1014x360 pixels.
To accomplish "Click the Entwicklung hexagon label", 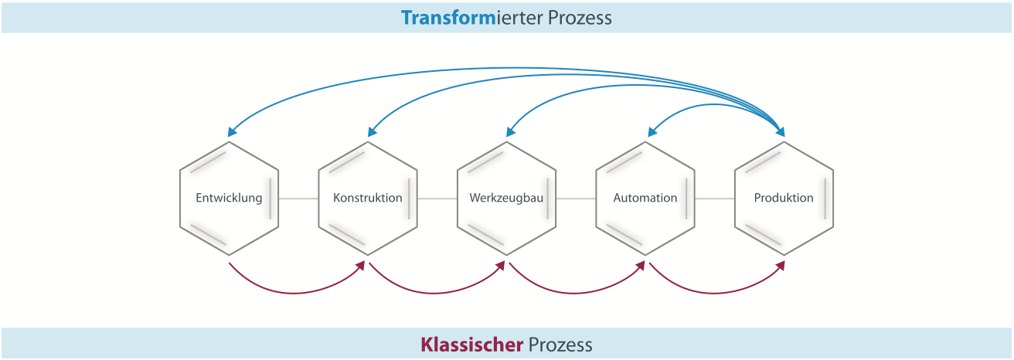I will [x=229, y=198].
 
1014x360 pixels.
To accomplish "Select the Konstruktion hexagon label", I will [x=368, y=198].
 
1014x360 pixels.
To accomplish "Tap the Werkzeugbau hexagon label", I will [x=506, y=198].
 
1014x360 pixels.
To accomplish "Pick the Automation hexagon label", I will [x=645, y=198].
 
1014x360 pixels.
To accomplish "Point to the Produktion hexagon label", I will [x=784, y=198].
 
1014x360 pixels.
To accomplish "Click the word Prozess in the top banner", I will [x=580, y=18].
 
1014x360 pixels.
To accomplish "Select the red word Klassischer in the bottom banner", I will [x=471, y=345].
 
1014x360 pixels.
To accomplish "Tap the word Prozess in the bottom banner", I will [x=560, y=345].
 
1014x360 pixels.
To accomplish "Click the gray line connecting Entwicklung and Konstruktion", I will [x=298, y=199].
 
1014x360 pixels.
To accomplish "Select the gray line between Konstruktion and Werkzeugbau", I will [x=437, y=199].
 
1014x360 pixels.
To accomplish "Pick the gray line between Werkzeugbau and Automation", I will [x=576, y=199].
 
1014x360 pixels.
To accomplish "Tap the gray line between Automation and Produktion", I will [x=715, y=199].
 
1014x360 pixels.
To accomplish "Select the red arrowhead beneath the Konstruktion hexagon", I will [x=361, y=266].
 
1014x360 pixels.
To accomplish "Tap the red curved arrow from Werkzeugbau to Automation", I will [x=576, y=292].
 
